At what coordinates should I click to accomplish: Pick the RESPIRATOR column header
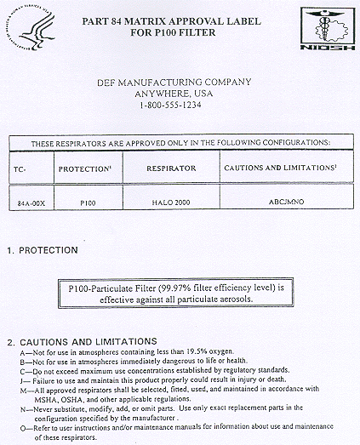[170, 168]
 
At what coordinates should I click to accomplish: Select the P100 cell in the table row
[87, 204]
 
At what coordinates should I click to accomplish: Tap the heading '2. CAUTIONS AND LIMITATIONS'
[81, 341]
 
